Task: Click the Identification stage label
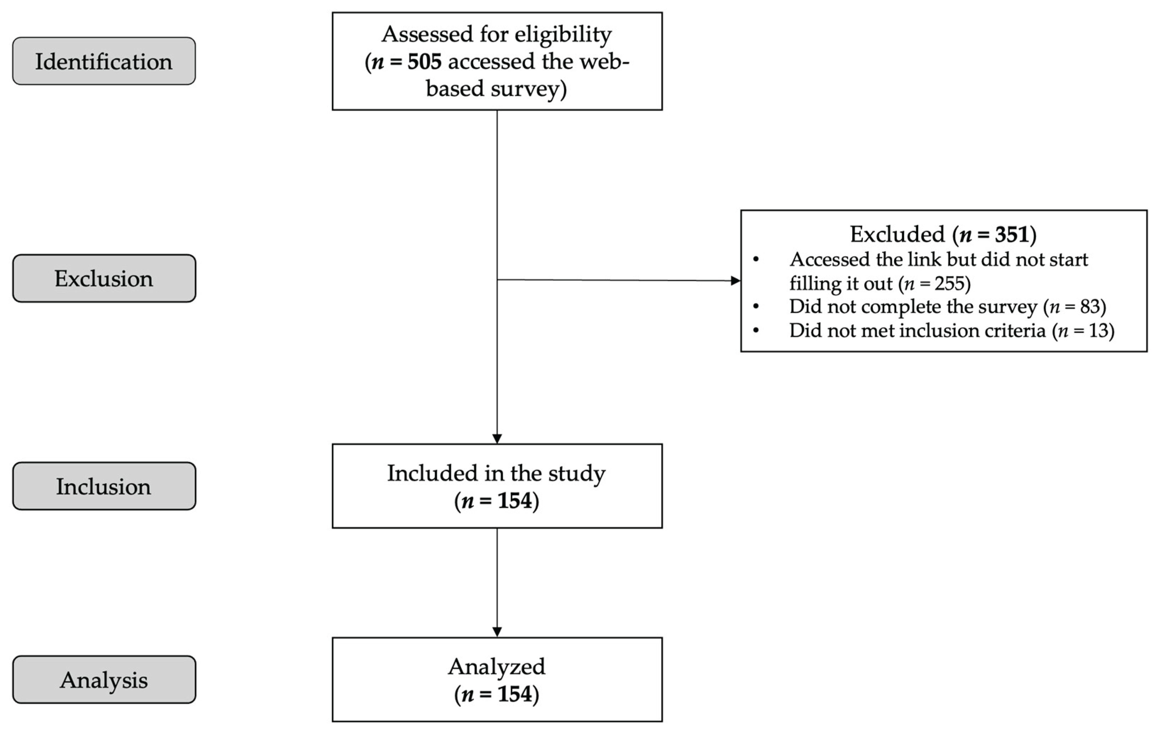pos(104,61)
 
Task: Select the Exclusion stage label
pos(104,278)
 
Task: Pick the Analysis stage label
pos(104,680)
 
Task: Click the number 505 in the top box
pos(424,61)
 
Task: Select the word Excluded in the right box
pos(897,234)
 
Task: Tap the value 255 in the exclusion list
pos(949,283)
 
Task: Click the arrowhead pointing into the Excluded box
pos(735,281)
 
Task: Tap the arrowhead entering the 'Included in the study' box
pos(497,438)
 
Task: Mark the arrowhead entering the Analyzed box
pos(497,632)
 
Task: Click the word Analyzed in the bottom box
pos(497,667)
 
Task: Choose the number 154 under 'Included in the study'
pos(514,501)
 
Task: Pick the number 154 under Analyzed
pos(514,694)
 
